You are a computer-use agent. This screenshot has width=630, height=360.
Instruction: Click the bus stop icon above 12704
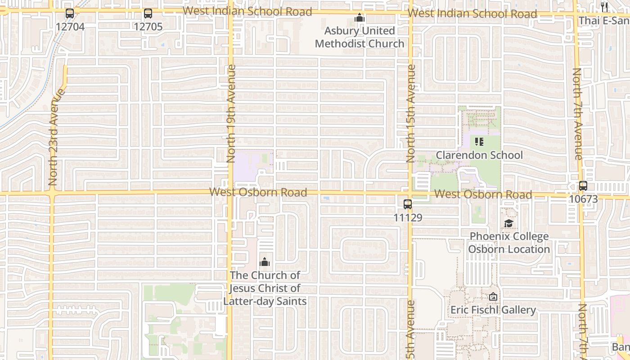point(69,13)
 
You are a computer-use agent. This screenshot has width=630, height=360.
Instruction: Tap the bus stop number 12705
point(148,27)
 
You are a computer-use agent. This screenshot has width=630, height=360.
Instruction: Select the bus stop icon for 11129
point(408,204)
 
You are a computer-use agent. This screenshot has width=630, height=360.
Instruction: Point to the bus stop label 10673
point(583,199)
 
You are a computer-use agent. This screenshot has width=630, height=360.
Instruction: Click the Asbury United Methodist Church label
point(360,37)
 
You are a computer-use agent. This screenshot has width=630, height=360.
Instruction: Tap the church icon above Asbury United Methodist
point(360,18)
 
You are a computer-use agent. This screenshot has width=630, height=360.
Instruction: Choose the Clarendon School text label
point(479,155)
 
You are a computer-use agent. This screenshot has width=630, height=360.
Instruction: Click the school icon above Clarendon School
point(479,142)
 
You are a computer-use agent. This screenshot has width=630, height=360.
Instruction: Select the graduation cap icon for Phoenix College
point(508,224)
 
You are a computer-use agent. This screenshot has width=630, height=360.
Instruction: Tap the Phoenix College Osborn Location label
point(509,243)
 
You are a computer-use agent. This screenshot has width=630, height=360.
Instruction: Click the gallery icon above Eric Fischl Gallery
point(493,297)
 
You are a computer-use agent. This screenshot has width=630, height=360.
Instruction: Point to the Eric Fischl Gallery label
point(493,310)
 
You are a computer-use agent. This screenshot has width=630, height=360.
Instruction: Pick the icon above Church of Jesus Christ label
point(265,262)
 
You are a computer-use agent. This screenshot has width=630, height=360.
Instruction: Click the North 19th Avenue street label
point(231,113)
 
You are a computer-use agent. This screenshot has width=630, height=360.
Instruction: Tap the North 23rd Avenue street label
point(53,137)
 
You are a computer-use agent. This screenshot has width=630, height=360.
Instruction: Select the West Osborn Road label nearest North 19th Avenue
point(258,193)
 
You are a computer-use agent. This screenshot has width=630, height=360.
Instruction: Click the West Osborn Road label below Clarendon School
point(483,194)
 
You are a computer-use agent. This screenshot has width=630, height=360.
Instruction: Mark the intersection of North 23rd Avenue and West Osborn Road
point(52,193)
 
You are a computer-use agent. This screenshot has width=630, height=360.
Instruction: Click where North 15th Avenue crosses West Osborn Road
point(410,194)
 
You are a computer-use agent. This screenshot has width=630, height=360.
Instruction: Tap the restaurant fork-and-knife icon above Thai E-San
point(604,7)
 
